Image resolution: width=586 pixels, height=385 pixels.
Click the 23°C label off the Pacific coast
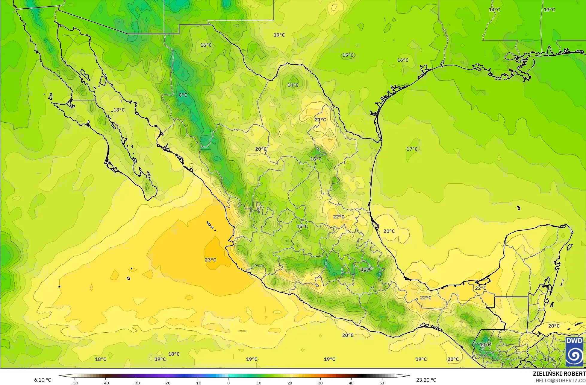pos(211,260)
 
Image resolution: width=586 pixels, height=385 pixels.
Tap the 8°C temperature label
pos(183,95)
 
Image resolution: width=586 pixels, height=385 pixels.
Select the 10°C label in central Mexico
pos(366,269)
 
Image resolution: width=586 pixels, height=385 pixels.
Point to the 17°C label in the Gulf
pos(412,149)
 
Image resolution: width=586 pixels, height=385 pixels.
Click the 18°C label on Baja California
pos(119,110)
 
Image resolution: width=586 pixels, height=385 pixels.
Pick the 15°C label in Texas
pos(348,55)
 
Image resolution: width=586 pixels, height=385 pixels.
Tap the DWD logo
pos(574,352)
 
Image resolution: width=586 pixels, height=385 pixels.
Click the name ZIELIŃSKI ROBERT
pos(559,374)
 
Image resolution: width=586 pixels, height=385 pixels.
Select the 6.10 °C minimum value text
pos(43,380)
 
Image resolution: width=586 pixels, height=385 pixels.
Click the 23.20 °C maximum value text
pos(426,380)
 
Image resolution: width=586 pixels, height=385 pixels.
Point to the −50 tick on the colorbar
pos(75,383)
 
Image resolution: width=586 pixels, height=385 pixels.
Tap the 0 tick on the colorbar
pos(228,383)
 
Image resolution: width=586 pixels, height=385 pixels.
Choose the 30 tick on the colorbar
pos(320,383)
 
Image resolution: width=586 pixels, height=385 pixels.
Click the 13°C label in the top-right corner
pos(549,10)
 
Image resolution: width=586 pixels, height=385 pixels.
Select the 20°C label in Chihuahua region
pos(261,149)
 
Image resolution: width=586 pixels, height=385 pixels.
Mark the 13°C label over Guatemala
pos(485,345)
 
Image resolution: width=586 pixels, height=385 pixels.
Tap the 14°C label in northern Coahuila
pos(293,85)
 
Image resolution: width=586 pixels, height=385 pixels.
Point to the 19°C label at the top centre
pos(279,35)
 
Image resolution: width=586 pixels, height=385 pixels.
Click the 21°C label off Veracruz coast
pos(389,231)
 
